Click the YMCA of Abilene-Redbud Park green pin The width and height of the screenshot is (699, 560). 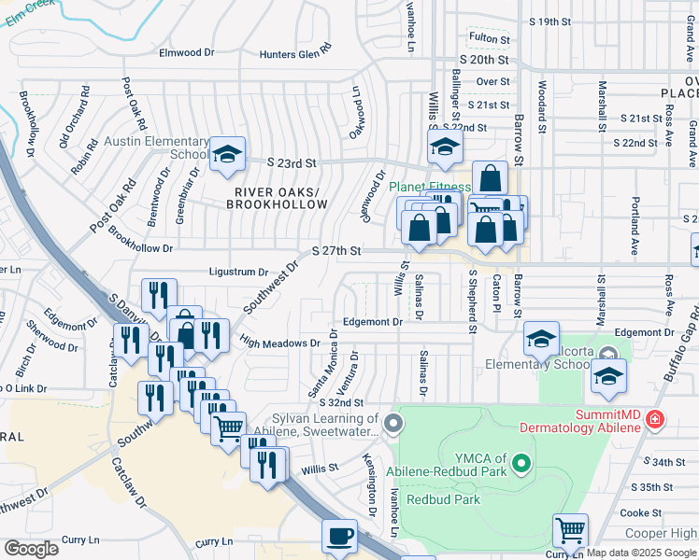point(522,460)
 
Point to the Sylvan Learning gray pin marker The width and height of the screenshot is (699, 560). point(393,425)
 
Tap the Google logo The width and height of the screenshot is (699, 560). point(31,549)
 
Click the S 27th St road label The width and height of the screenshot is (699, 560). point(336,250)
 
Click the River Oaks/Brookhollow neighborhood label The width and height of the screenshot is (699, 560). point(278,198)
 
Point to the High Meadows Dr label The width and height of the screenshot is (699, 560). point(279,343)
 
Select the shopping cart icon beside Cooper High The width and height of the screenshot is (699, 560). point(570,530)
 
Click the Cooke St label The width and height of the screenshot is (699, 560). point(641,512)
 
